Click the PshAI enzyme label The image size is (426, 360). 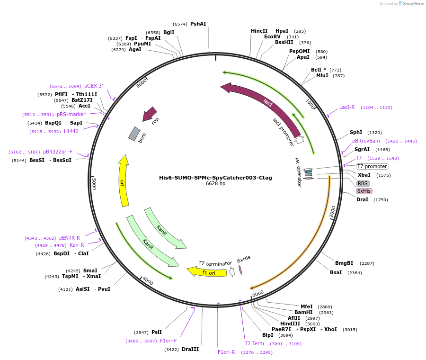coord(198,24)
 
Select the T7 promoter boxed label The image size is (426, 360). coord(372,166)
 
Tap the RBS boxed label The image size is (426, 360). coord(363,183)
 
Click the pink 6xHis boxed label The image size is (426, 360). coord(364,191)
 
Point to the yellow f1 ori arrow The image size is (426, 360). coord(207,272)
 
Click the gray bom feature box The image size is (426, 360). coord(134,134)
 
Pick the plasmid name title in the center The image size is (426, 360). coord(215,178)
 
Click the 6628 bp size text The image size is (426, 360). coord(215,184)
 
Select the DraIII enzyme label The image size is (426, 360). coord(190,349)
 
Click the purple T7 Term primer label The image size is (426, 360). coord(254,343)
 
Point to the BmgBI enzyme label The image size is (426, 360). coord(344,263)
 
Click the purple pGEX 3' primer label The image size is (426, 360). coord(93,86)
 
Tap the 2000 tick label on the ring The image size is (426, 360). coord(333,212)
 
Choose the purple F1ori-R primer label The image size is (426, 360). coord(226,352)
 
